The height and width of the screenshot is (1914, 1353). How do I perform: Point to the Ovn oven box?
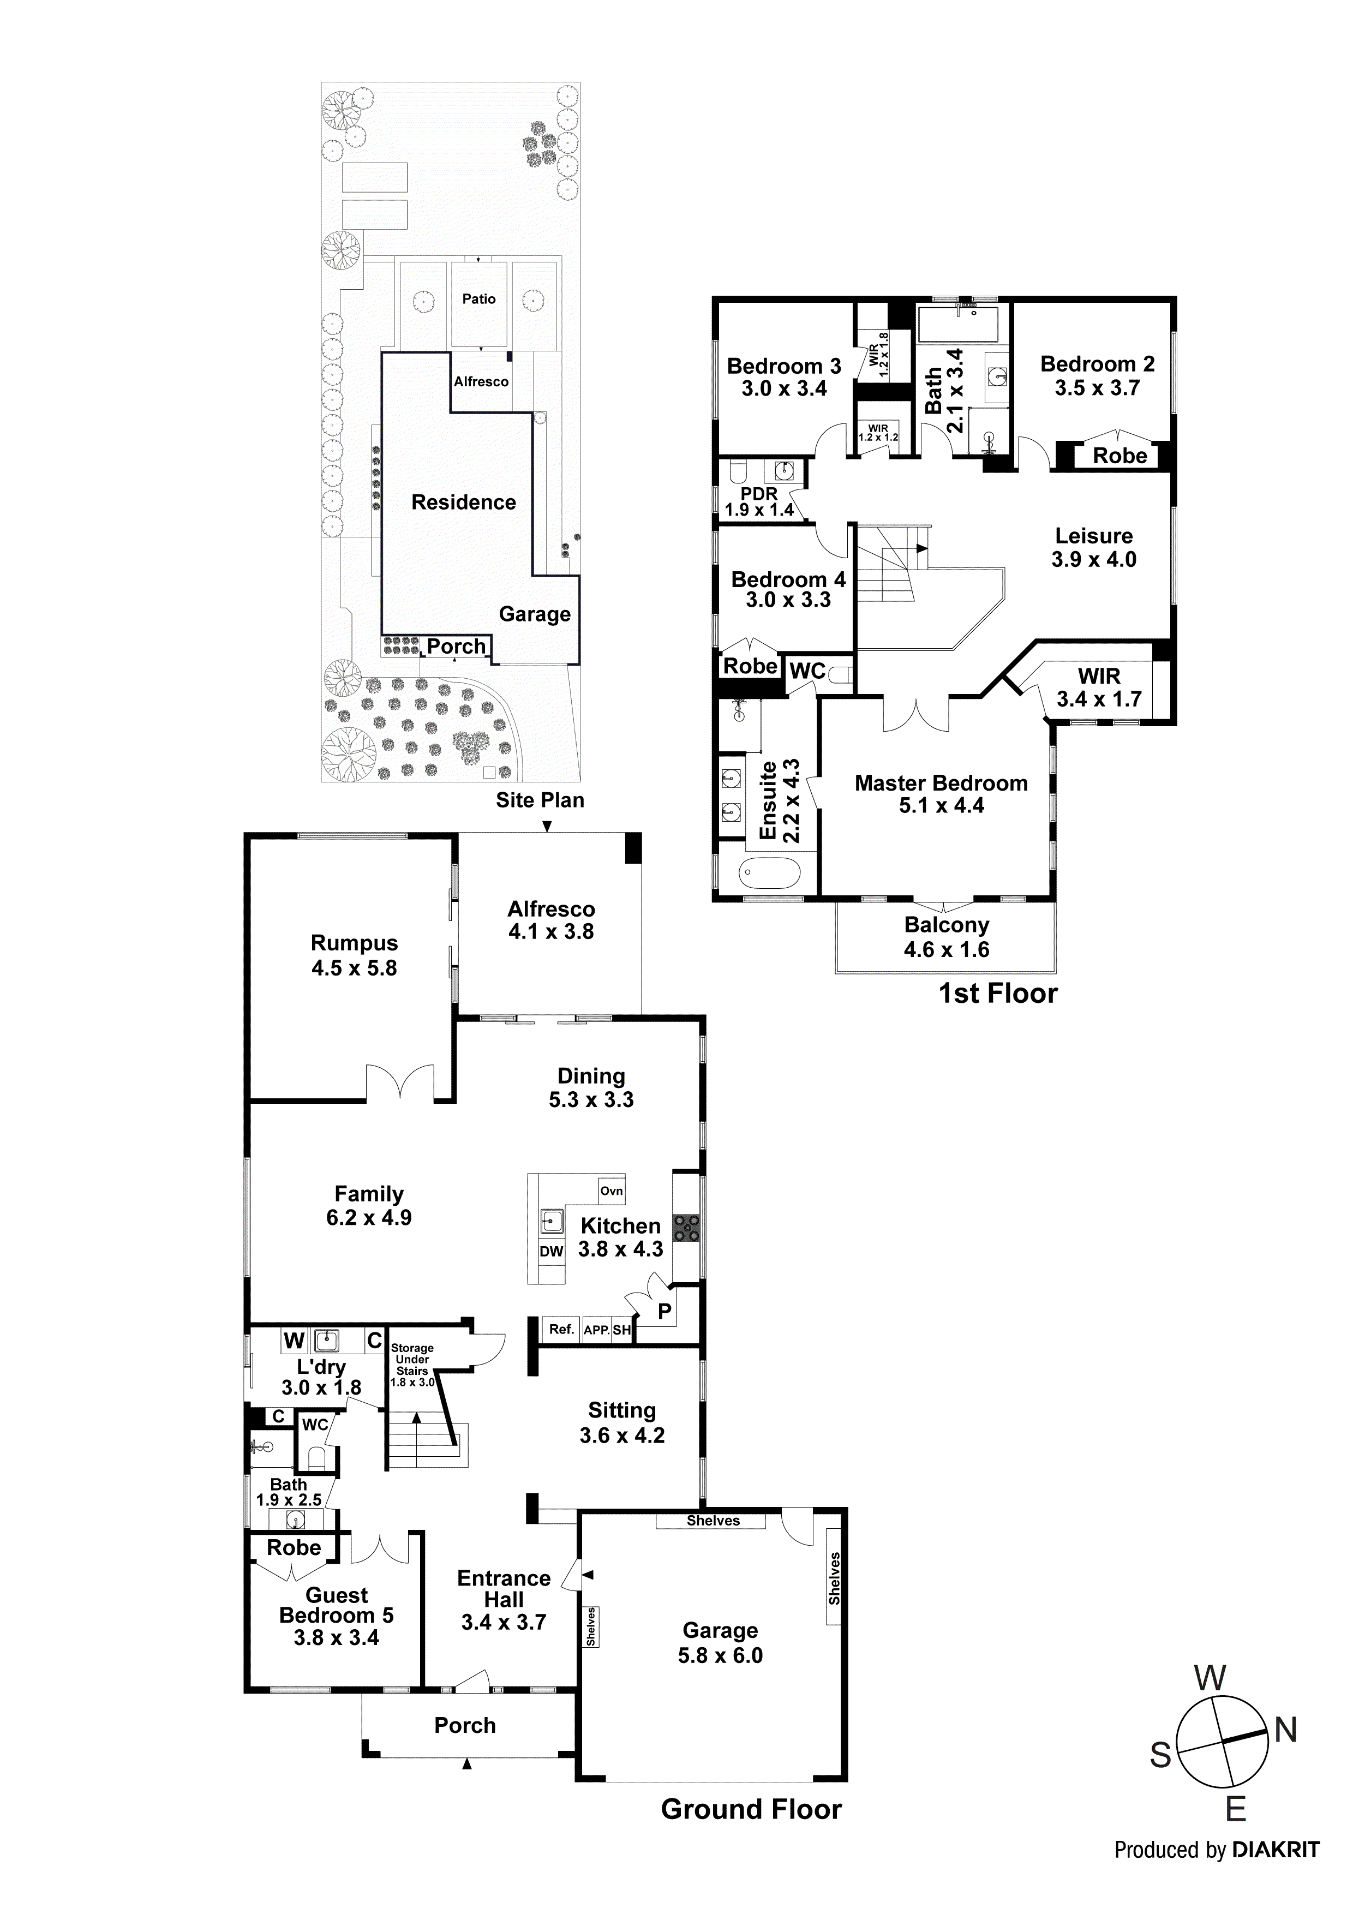point(611,1191)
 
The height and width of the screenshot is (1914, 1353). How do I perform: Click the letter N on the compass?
point(1285,1731)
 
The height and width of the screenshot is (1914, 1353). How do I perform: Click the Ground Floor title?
point(751,1832)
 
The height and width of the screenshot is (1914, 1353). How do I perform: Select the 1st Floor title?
point(998,993)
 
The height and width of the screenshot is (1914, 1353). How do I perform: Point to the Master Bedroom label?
point(941,783)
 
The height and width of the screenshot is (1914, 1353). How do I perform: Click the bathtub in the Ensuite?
point(769,874)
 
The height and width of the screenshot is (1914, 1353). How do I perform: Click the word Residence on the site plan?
point(464,502)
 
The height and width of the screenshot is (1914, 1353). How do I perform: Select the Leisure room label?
point(1094,536)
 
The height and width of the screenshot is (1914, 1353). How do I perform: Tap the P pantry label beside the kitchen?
point(664,1311)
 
